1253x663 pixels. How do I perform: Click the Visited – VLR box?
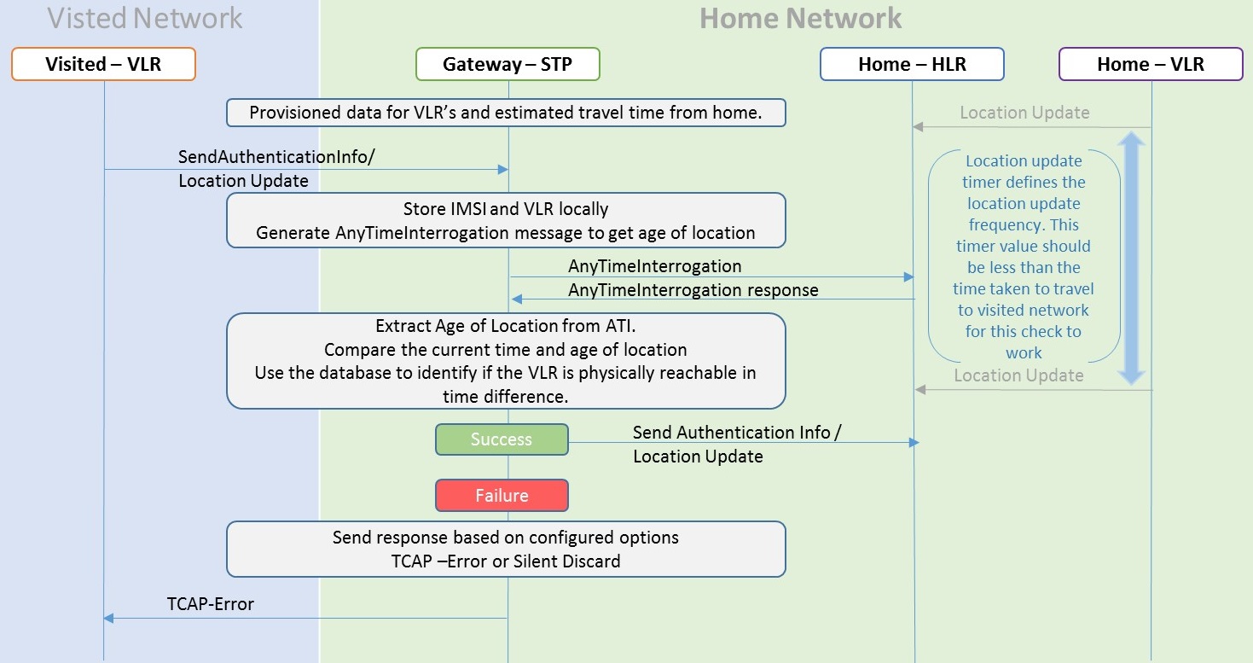click(104, 64)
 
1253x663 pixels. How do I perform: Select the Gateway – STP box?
click(508, 64)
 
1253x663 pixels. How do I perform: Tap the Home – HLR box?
click(912, 64)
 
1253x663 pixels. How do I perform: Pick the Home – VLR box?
click(1151, 64)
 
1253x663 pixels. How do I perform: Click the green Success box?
click(502, 439)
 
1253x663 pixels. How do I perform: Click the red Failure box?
click(502, 496)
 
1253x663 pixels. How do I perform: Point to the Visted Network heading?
click(145, 18)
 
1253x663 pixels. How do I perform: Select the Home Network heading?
click(800, 18)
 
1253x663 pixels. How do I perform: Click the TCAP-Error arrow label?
click(211, 604)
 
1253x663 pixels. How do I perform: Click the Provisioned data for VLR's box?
click(506, 113)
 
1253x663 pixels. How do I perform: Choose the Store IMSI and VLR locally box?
click(506, 220)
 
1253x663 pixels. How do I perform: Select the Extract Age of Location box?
click(506, 361)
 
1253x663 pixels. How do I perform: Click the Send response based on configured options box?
click(506, 550)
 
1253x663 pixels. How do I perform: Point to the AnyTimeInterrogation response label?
click(693, 290)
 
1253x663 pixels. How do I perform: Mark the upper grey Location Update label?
click(1024, 113)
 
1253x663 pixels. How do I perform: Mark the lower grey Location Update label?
click(1018, 375)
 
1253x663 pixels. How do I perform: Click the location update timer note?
click(1024, 257)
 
